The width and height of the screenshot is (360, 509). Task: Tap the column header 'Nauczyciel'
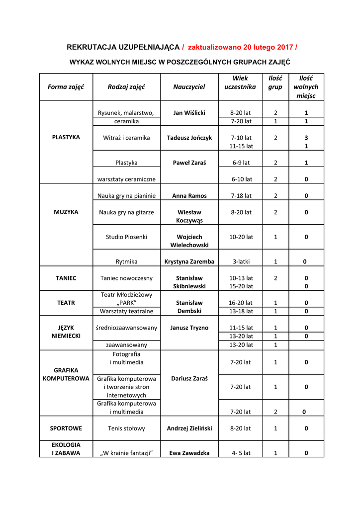189,87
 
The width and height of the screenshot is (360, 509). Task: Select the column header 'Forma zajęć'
66,87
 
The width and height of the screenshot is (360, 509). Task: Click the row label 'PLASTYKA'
66,137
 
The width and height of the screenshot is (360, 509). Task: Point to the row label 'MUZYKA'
66,212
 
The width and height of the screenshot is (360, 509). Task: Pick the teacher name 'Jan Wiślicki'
189,113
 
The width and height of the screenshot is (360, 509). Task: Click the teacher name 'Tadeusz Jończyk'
189,138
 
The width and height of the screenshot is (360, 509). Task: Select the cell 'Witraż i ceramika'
126,138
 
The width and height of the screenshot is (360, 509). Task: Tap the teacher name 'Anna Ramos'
189,196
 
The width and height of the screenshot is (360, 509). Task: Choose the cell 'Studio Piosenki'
126,237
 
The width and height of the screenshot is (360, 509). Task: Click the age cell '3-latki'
241,261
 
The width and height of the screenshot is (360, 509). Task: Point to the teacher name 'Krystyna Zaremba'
189,261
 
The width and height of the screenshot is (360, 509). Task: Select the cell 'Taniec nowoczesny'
126,278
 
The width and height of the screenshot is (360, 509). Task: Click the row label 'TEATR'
66,303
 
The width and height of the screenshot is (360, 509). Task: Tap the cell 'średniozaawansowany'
126,328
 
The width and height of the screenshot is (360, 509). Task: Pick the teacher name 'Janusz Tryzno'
189,328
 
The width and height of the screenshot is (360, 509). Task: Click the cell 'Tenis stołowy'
126,428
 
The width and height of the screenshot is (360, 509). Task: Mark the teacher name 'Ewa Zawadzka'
189,453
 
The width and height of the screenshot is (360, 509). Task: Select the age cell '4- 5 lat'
241,453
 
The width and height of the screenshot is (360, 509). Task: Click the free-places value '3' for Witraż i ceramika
306,138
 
